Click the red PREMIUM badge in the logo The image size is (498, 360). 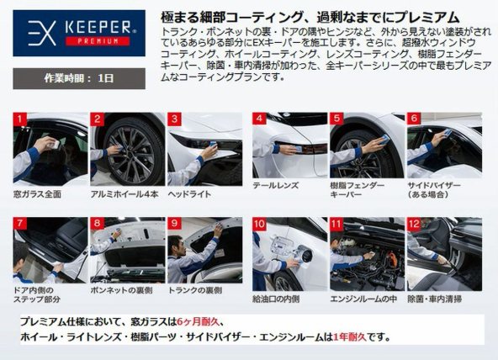98,41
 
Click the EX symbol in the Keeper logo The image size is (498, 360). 41,33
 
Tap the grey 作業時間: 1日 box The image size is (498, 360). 79,78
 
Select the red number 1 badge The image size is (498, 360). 19,119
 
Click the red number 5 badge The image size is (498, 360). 336,119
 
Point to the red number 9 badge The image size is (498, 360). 174,223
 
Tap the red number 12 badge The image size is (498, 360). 414,224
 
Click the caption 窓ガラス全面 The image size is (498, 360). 37,194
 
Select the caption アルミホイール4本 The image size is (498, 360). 124,194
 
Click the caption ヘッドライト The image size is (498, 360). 189,194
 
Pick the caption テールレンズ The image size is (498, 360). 276,185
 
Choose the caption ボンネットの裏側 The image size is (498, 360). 121,290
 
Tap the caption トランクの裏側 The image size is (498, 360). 195,290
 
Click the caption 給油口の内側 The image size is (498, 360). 276,299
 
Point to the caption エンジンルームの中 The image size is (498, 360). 363,299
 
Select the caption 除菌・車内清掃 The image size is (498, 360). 434,299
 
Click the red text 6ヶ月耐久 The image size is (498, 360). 198,322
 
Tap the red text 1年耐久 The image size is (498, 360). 349,336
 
